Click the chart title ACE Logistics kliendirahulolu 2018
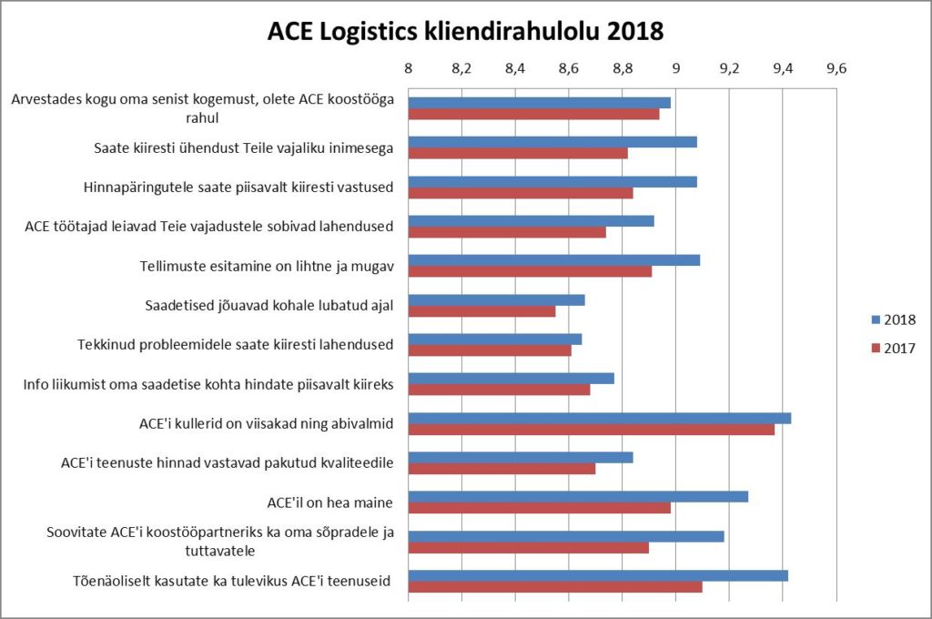(465, 31)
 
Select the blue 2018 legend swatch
(876, 320)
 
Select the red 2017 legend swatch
(876, 348)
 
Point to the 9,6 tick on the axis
(836, 67)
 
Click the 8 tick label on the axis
(408, 67)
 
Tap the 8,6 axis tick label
(569, 67)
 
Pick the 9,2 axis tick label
(729, 67)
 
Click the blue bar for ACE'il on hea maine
(578, 496)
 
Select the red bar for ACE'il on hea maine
(539, 508)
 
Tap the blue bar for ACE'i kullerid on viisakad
(599, 418)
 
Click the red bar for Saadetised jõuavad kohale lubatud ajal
(481, 311)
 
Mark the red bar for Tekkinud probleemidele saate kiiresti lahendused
(490, 350)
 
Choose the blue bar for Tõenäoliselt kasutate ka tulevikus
(598, 575)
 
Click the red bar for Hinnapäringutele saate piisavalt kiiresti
(520, 193)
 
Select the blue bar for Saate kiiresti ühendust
(552, 142)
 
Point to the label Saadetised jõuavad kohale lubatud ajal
(268, 305)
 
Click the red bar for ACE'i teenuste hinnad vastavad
(501, 469)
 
